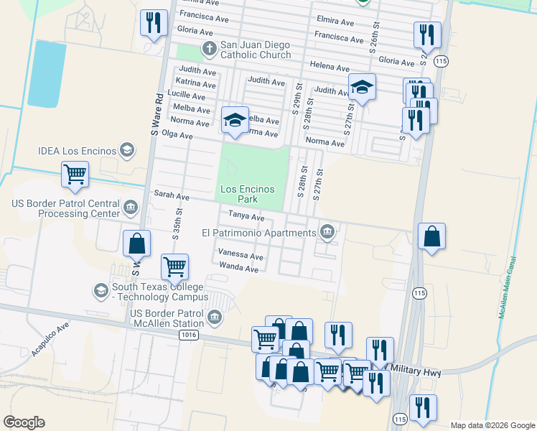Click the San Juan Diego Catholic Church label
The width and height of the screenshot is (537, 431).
[251, 50]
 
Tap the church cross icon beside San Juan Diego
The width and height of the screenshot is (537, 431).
[209, 50]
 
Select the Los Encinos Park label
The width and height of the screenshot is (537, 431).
[248, 193]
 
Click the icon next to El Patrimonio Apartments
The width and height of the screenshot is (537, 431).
[327, 231]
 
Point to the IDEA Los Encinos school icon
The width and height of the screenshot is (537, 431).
[126, 150]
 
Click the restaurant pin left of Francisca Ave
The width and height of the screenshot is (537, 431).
[154, 22]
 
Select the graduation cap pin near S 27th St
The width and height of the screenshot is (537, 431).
[362, 88]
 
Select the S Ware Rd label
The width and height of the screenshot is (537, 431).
[154, 113]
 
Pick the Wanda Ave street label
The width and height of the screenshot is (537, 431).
[238, 269]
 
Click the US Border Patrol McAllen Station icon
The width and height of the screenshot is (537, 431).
[214, 318]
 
